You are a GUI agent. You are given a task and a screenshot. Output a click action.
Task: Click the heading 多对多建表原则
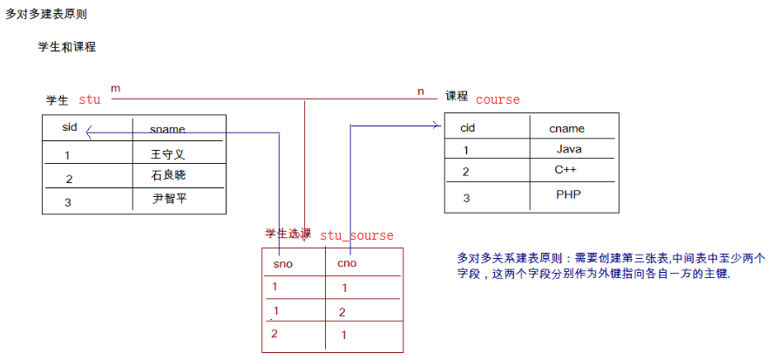click(x=46, y=15)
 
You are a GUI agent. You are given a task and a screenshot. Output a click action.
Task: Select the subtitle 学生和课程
click(x=66, y=46)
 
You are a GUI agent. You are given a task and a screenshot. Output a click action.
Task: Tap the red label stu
click(x=90, y=99)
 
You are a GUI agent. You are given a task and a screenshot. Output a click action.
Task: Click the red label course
click(x=498, y=99)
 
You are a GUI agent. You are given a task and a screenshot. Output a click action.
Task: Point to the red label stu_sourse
click(x=356, y=235)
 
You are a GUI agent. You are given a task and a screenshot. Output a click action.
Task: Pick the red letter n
click(x=421, y=90)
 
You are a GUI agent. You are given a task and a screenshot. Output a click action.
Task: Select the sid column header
click(x=70, y=127)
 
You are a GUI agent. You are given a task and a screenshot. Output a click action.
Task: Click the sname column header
click(x=167, y=129)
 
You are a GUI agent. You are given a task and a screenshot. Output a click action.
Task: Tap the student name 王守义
click(x=168, y=154)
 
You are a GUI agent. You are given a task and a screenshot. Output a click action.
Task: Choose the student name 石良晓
click(x=168, y=175)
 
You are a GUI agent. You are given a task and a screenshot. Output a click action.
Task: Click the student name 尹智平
click(x=170, y=199)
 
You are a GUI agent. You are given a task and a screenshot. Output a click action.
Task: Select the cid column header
click(x=467, y=128)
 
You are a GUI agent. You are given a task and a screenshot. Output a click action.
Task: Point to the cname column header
click(x=566, y=128)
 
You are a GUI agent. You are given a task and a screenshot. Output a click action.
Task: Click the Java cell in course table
click(x=568, y=149)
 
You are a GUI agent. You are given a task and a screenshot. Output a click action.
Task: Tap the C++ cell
click(x=566, y=170)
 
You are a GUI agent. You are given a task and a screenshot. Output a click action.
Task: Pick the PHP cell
click(x=568, y=194)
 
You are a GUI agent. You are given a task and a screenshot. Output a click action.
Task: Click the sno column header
click(x=282, y=263)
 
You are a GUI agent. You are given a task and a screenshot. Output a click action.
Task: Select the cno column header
click(x=347, y=263)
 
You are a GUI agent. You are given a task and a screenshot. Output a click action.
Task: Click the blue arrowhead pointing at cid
click(x=437, y=126)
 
